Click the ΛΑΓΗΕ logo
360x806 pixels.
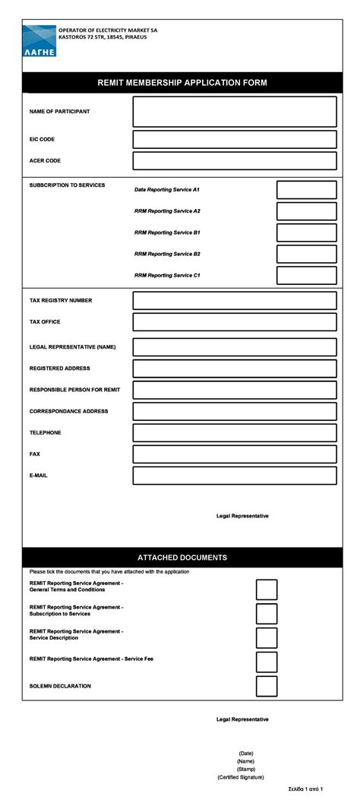point(39,41)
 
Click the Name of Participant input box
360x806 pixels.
point(234,112)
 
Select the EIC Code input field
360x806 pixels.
point(234,140)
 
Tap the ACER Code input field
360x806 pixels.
point(234,161)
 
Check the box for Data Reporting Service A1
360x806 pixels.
point(306,190)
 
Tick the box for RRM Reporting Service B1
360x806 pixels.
point(306,232)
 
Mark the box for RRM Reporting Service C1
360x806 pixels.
point(306,276)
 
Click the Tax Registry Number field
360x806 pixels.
point(234,301)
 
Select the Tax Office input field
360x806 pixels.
point(234,322)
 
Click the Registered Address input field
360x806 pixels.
point(234,368)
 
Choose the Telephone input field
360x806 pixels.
point(234,433)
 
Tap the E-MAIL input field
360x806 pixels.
point(234,476)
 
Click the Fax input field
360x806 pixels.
point(234,454)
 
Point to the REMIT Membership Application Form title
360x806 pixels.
point(182,83)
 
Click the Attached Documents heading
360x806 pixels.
point(182,558)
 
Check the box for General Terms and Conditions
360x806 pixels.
point(267,589)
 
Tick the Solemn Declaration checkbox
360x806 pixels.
point(267,687)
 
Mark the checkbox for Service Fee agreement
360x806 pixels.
point(267,662)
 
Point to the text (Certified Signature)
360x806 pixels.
point(241,777)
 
